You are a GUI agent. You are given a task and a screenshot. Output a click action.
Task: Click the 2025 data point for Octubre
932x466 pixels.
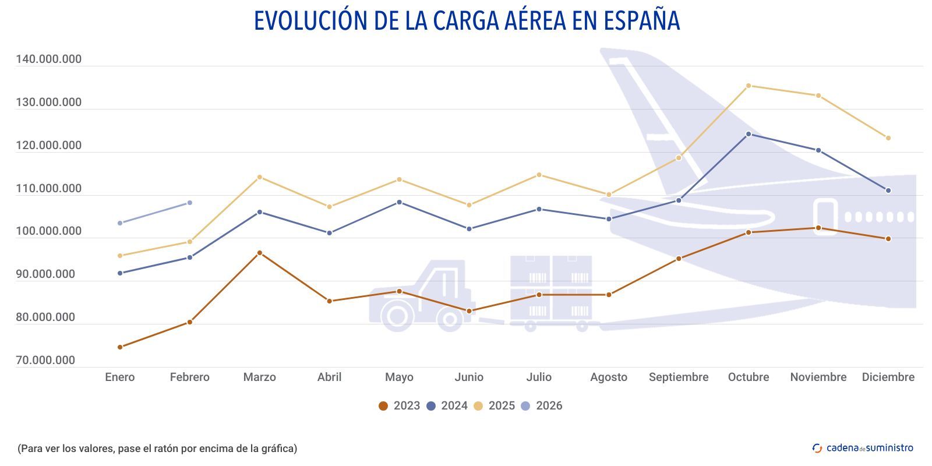749,86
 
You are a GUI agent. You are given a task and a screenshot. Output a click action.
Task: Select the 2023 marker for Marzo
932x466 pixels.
260,253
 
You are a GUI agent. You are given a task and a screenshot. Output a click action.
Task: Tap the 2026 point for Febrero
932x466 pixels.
189,203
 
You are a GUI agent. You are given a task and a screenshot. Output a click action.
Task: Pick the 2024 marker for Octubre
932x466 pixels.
749,134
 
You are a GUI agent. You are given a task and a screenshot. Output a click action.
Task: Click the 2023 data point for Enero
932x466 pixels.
120,347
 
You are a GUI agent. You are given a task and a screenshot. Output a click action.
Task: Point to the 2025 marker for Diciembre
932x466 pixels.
888,138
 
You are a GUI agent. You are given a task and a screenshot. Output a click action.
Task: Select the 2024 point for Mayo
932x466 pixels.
399,202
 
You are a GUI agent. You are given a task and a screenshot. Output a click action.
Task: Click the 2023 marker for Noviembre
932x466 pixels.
818,228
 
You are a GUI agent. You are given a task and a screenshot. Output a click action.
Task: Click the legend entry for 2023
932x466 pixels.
400,406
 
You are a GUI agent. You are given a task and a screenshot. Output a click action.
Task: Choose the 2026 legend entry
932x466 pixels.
542,406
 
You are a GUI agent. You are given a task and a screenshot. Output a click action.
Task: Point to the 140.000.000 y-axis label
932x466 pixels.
48,59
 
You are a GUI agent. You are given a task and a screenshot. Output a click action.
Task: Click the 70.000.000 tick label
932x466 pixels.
45,361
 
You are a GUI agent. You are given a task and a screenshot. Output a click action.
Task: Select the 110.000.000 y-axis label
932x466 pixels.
48,189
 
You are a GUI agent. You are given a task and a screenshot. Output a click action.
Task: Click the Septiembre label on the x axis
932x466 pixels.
679,377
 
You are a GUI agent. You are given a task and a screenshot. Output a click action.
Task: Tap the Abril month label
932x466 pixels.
329,377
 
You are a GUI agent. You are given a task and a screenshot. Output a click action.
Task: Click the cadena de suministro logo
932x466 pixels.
863,448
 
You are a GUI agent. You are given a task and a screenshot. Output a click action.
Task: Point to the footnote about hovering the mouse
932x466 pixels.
157,449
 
